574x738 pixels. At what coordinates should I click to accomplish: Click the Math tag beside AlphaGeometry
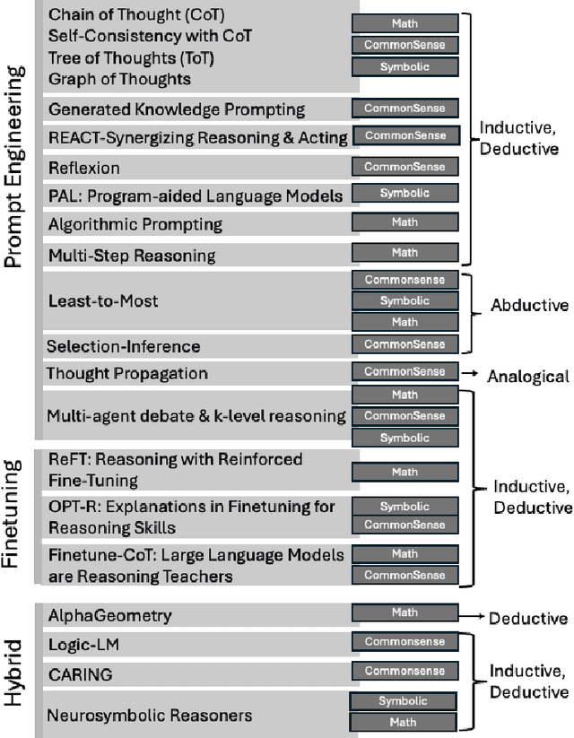tap(404, 613)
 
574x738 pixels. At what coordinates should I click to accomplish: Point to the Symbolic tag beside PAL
tap(404, 194)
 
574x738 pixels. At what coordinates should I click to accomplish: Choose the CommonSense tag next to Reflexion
tap(404, 167)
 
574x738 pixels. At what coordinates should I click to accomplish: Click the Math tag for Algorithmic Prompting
tap(404, 222)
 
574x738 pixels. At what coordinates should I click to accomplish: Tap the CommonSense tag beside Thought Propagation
tap(404, 371)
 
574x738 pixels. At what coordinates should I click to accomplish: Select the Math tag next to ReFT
tap(404, 472)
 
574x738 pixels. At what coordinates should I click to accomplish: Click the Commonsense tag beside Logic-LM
tap(404, 642)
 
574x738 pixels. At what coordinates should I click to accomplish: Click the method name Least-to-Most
tap(102, 301)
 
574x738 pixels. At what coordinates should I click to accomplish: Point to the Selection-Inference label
tap(123, 346)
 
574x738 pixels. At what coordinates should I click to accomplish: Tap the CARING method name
tap(80, 673)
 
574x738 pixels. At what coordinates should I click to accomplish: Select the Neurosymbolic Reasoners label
tap(149, 715)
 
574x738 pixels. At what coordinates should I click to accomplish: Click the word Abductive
tap(529, 306)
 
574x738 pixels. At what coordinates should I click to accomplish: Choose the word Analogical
tap(527, 377)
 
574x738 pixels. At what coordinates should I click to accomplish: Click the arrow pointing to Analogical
tap(470, 371)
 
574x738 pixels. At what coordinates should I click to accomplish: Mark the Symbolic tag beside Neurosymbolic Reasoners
tap(404, 702)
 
